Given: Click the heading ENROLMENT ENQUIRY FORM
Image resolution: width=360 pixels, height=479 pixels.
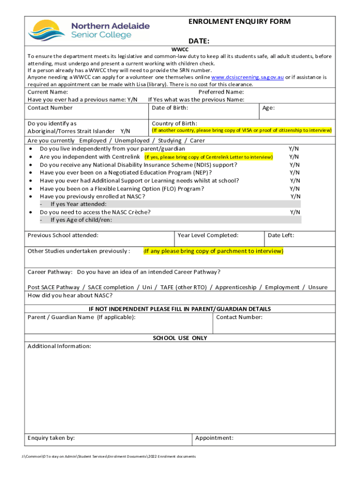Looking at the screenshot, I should [x=239, y=22].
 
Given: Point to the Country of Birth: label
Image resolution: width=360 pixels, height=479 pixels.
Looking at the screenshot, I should [x=174, y=123].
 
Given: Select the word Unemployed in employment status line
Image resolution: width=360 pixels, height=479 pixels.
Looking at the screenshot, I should [x=132, y=140].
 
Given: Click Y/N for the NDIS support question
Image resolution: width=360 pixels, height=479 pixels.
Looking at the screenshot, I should [x=294, y=165].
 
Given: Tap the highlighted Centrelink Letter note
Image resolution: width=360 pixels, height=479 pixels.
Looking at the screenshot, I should [x=209, y=157].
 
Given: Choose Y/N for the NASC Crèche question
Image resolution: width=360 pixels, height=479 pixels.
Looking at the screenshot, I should [x=295, y=212].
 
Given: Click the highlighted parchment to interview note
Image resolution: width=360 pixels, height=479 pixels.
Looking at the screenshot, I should [x=213, y=251].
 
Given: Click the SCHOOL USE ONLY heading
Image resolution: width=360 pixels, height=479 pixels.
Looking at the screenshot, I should [x=180, y=338].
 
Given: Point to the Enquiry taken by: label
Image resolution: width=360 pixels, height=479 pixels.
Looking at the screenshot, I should [x=51, y=438].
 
